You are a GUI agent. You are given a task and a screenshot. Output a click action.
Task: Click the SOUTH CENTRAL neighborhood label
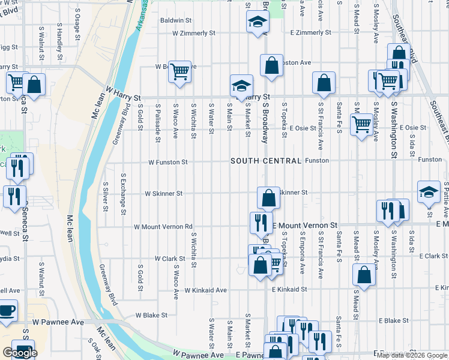click(265, 161)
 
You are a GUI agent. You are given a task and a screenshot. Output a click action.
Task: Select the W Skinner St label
click(163, 194)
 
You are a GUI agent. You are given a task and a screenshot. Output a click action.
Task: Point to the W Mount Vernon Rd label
click(163, 227)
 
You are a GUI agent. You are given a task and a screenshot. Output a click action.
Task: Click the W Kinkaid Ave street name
click(205, 290)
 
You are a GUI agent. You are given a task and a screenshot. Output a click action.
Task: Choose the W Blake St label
click(152, 314)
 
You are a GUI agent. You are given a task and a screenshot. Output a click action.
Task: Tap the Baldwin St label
click(175, 20)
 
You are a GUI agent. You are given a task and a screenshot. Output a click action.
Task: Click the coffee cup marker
click(7, 311)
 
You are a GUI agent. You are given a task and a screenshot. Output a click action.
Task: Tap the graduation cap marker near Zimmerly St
click(258, 23)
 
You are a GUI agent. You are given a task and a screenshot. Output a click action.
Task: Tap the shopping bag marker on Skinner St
click(269, 197)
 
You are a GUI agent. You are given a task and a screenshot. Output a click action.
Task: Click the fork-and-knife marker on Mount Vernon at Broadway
click(261, 222)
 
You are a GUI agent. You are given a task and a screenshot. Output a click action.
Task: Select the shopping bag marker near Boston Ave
click(271, 65)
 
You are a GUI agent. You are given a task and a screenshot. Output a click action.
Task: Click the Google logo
click(20, 353)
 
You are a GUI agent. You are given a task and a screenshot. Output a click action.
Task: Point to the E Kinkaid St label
click(289, 289)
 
